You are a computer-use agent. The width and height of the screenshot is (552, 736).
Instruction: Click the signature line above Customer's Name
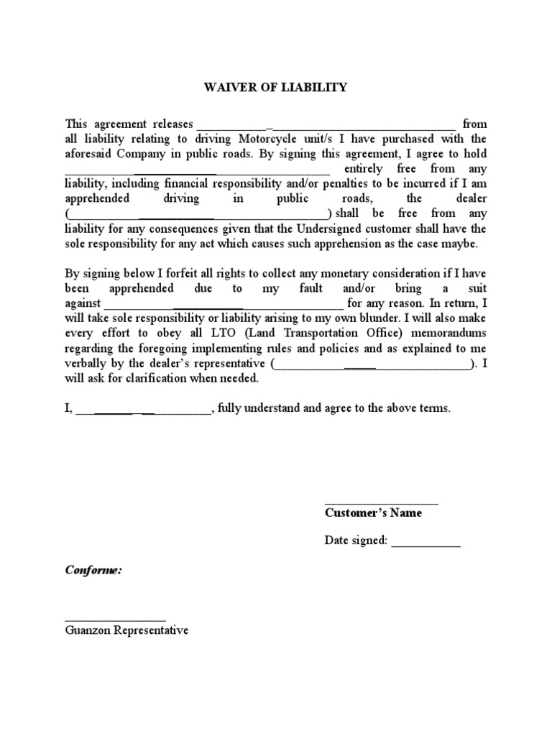[x=381, y=502]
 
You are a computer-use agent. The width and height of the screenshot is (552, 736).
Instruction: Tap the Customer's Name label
[x=373, y=513]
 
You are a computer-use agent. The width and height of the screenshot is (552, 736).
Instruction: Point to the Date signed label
[x=356, y=540]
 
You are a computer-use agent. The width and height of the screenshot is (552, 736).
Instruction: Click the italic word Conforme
[x=93, y=570]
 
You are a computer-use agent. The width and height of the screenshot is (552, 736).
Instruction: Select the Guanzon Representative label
[x=126, y=630]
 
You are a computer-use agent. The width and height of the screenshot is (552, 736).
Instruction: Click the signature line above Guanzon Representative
[x=115, y=618]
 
